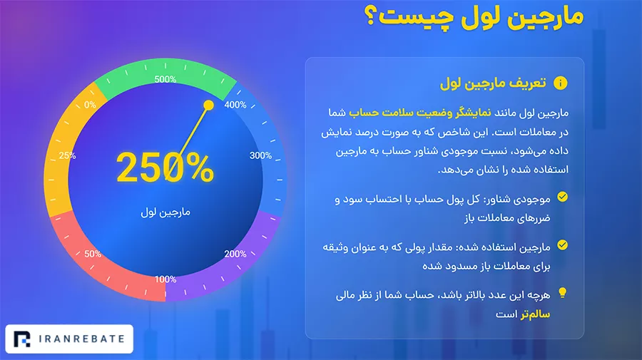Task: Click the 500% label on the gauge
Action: click(x=165, y=79)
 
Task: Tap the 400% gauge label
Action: click(x=235, y=105)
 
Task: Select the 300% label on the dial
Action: click(x=261, y=155)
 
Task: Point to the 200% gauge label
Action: click(x=235, y=254)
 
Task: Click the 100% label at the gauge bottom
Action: click(x=165, y=279)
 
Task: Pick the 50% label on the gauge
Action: click(x=93, y=254)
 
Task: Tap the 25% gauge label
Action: click(x=67, y=155)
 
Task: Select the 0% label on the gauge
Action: click(x=90, y=105)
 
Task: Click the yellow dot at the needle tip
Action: click(x=208, y=106)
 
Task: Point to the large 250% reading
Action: click(x=165, y=168)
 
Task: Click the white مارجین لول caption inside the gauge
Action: click(x=165, y=212)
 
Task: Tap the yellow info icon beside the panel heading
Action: click(x=561, y=83)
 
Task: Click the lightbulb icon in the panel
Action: click(x=563, y=293)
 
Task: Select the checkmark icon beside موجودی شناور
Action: click(x=563, y=197)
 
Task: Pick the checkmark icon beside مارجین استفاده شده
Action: click(x=563, y=245)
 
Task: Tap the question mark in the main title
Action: click(x=370, y=17)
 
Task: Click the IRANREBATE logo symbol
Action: click(x=22, y=339)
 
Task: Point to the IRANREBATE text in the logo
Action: click(x=82, y=339)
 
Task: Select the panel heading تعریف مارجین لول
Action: click(x=493, y=83)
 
